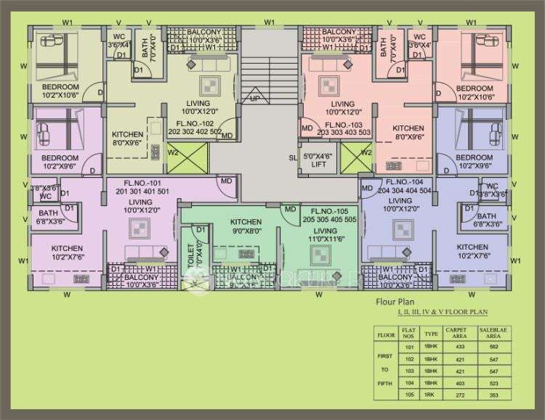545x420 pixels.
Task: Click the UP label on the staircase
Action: (255, 98)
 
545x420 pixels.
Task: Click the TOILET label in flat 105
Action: (191, 255)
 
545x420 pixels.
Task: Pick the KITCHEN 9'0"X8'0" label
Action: (246, 226)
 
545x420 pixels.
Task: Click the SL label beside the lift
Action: (292, 157)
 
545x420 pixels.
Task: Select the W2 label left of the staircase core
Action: (173, 153)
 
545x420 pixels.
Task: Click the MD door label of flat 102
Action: (227, 136)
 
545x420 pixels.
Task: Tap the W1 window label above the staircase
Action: (270, 22)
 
